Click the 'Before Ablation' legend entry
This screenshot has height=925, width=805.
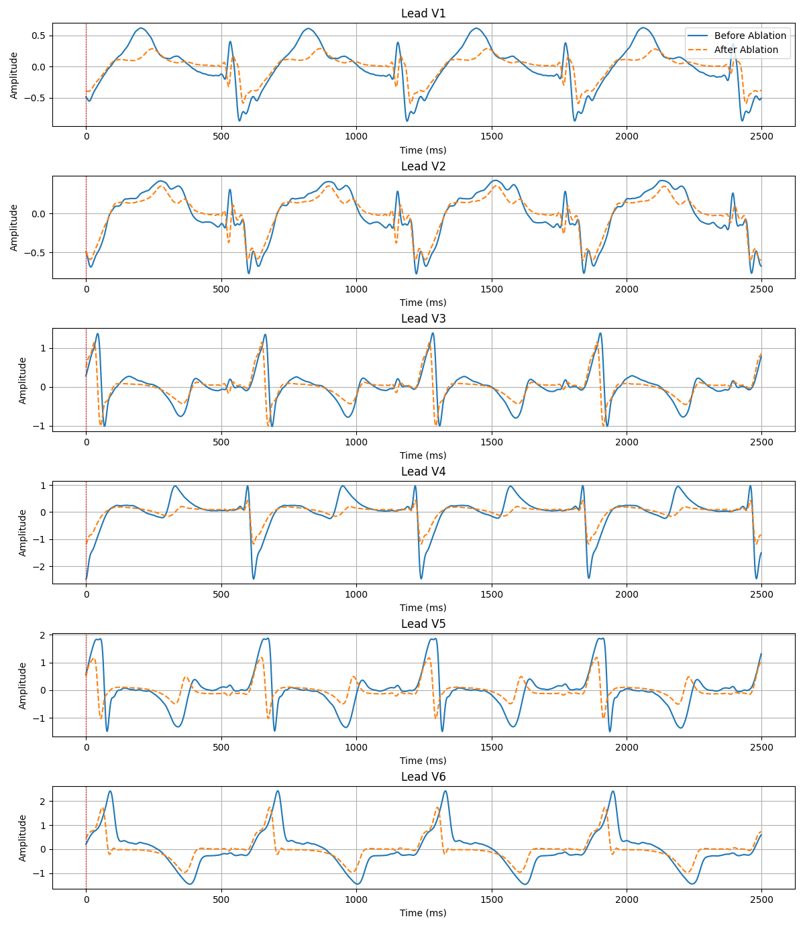(x=749, y=36)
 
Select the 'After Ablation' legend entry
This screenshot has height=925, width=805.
(x=746, y=50)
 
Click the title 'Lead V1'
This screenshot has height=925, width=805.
(x=423, y=13)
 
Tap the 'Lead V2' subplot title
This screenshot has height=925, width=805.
(x=423, y=166)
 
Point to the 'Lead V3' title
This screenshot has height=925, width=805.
(x=423, y=319)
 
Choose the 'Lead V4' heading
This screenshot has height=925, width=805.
(x=423, y=472)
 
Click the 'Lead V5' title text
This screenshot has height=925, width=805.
(x=423, y=624)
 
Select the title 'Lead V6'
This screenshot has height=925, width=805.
(x=423, y=777)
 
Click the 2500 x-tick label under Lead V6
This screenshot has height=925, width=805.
(x=761, y=899)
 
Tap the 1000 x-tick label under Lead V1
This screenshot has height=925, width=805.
(x=356, y=136)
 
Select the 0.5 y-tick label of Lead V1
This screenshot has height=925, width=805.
(x=38, y=36)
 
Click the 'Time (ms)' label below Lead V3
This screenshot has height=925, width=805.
(x=423, y=455)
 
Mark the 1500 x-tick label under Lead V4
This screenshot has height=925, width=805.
(x=492, y=594)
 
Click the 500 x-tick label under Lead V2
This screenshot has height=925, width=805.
(x=221, y=288)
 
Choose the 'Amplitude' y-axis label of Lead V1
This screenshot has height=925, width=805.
(x=14, y=74)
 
